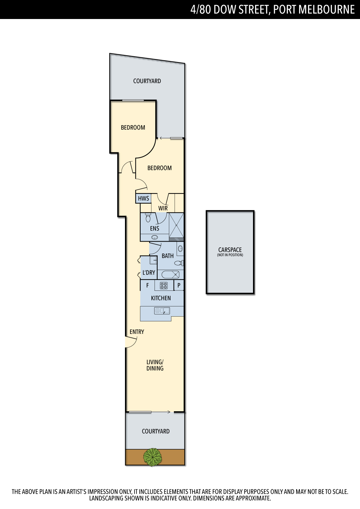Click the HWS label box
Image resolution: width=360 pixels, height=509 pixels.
[143, 199]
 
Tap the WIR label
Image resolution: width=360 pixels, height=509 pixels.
[163, 208]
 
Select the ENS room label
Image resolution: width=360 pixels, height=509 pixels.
[155, 228]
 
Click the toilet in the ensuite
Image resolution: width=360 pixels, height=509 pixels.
[148, 218]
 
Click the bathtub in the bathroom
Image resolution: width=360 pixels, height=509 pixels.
[170, 275]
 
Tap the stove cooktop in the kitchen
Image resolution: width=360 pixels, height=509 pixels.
[164, 285]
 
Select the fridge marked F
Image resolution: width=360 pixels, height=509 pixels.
[147, 285]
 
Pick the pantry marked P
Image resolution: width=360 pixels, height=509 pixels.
[179, 285]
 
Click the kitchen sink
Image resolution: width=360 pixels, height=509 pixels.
[162, 310]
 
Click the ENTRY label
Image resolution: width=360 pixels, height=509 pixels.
[137, 332]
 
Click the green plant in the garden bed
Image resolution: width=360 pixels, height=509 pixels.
[152, 457]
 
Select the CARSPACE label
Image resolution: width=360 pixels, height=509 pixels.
[230, 250]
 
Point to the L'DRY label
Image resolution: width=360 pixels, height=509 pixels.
[149, 272]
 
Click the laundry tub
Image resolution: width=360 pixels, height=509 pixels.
[153, 260]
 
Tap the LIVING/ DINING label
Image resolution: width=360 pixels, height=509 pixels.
[155, 365]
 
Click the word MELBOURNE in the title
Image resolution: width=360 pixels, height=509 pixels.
[326, 10]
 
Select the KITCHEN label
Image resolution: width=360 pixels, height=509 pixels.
[161, 298]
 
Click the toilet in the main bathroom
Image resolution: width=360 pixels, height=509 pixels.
[179, 263]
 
